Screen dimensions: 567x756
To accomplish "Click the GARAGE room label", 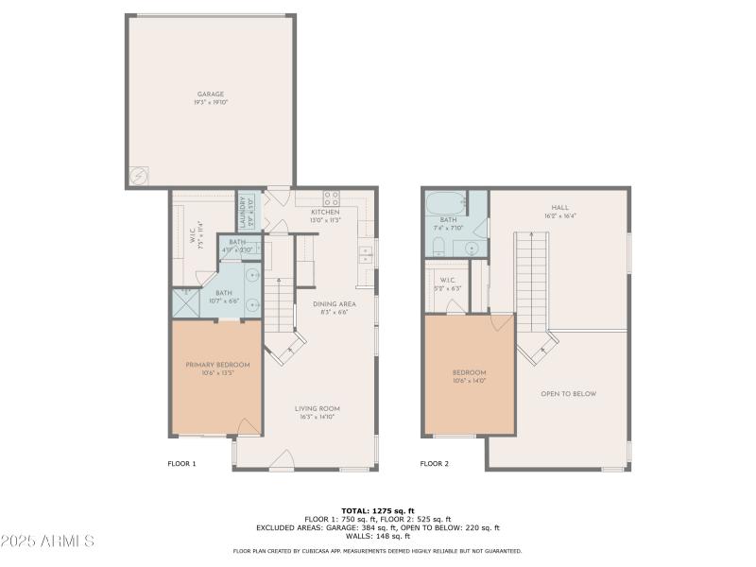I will [x=211, y=94].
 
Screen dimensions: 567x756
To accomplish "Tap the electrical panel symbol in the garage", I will [x=138, y=176].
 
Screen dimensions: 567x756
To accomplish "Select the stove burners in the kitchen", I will [x=332, y=198].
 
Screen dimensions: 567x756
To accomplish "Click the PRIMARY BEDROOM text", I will [x=217, y=365].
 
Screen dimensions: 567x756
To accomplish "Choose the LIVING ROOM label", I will [x=317, y=408].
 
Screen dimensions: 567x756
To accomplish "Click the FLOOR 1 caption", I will [x=181, y=464].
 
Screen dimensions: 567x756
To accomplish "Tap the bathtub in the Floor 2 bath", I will [x=445, y=203].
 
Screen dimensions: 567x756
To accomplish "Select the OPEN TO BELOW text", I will [x=568, y=393].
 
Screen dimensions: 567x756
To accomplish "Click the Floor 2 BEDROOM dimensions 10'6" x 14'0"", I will [x=469, y=380].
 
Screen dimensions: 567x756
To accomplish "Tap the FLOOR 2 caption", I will [x=435, y=464].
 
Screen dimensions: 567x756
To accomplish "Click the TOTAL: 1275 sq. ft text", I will [x=377, y=510].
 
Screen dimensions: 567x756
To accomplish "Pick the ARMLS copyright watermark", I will [x=47, y=541].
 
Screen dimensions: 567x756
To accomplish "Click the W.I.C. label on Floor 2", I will [x=448, y=279].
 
